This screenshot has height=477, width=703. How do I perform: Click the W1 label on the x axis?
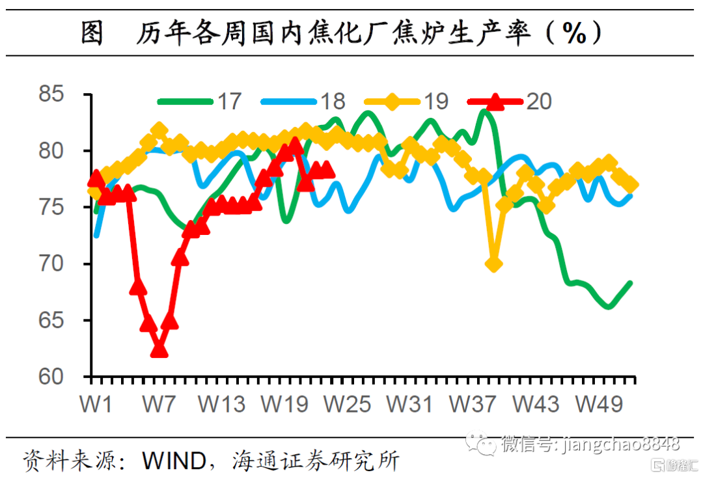coord(96,404)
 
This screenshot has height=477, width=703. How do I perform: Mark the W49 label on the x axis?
coord(600,404)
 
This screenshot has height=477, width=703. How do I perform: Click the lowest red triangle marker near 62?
coord(159,351)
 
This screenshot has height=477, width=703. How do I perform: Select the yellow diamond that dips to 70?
coord(493,264)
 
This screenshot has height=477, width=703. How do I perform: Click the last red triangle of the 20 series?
coord(327,170)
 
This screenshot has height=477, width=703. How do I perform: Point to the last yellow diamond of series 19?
coord(631,185)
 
